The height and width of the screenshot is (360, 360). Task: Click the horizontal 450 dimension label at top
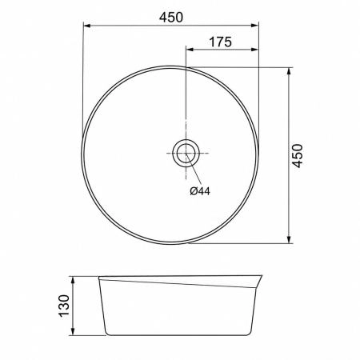[x=171, y=18]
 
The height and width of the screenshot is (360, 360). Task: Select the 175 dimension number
[x=220, y=42]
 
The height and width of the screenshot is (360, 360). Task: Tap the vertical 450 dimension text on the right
[x=298, y=156]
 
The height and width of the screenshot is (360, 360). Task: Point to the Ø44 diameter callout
[x=200, y=191]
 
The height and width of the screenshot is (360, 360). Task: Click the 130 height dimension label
[x=64, y=306]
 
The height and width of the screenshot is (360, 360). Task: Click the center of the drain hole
[x=186, y=153]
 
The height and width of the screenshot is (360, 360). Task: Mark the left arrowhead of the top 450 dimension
[x=87, y=26]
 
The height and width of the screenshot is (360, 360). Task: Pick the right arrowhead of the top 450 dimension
[x=254, y=26]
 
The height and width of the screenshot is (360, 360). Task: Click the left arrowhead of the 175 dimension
[x=190, y=50]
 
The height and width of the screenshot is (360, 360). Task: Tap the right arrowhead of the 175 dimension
[x=254, y=50]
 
